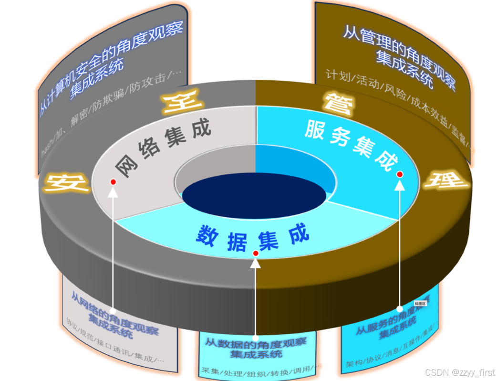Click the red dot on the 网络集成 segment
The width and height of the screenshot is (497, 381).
click(113, 181)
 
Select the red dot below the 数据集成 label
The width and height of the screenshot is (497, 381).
click(256, 253)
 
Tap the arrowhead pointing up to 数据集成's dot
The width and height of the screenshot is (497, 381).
click(256, 262)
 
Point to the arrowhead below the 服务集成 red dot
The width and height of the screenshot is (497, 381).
click(400, 184)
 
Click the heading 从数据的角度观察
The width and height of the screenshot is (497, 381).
click(256, 342)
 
